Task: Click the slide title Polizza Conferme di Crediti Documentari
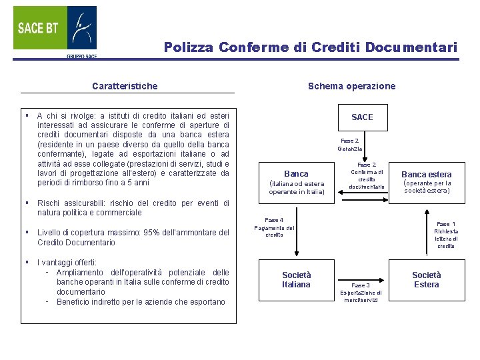point(311,47)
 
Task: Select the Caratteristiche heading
point(125,86)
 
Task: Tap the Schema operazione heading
point(351,86)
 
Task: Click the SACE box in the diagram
point(362,117)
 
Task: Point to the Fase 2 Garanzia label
point(350,145)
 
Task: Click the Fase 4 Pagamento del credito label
point(274,227)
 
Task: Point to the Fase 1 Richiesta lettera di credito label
point(445,235)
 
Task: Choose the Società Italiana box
point(296,279)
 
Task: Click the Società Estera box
point(427,279)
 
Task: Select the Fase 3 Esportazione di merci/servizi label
point(361,293)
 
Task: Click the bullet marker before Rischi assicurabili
point(25,203)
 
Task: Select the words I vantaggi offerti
point(67,263)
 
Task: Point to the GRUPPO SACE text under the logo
point(81,57)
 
